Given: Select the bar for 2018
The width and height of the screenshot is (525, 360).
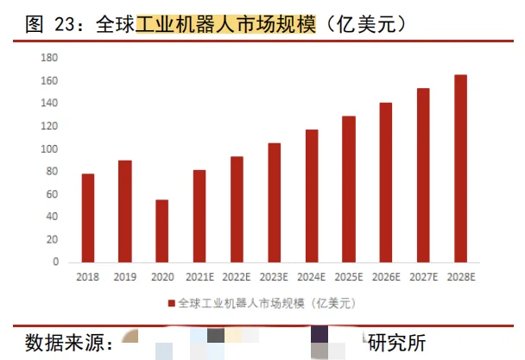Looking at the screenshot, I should [87, 218].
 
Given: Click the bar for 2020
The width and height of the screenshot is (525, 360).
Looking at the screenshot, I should [161, 231].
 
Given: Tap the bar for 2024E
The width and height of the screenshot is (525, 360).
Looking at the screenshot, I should [312, 195].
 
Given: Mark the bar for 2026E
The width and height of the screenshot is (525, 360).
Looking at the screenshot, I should [386, 182].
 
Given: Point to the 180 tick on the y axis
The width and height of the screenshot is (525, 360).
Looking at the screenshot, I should [49, 58].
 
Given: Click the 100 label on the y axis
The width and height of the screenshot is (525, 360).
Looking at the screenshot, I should [49, 149].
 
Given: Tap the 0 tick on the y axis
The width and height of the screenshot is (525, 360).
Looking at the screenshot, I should [54, 262].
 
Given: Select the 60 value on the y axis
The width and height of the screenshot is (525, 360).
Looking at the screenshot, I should [52, 194].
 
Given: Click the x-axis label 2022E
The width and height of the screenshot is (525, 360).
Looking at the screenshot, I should [237, 278].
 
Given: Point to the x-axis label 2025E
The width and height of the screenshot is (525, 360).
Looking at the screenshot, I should [349, 278].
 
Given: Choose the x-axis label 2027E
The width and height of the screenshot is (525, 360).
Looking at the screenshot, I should [423, 278].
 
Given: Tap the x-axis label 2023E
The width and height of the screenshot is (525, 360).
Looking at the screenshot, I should [274, 278].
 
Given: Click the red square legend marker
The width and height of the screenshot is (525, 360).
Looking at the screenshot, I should [171, 303].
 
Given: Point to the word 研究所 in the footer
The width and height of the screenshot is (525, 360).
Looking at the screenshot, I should [397, 343].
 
